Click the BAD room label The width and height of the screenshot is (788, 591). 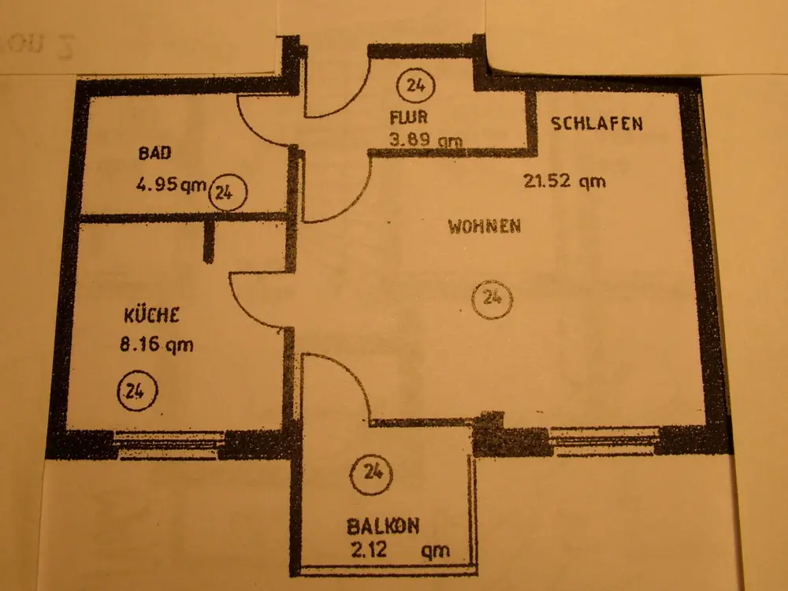click(x=154, y=153)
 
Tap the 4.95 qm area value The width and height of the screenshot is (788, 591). click(x=170, y=187)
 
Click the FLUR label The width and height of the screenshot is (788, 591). click(x=407, y=119)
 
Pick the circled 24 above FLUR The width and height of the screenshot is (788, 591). click(x=415, y=85)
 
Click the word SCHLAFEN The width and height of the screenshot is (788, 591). click(x=597, y=123)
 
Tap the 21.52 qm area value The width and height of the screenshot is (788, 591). click(x=564, y=180)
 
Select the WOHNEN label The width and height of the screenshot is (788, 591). click(x=484, y=226)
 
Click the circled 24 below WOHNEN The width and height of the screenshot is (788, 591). click(x=492, y=298)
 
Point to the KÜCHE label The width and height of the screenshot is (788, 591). click(x=153, y=316)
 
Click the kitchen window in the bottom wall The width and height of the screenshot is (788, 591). click(x=169, y=445)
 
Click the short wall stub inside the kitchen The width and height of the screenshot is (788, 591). click(x=209, y=240)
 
